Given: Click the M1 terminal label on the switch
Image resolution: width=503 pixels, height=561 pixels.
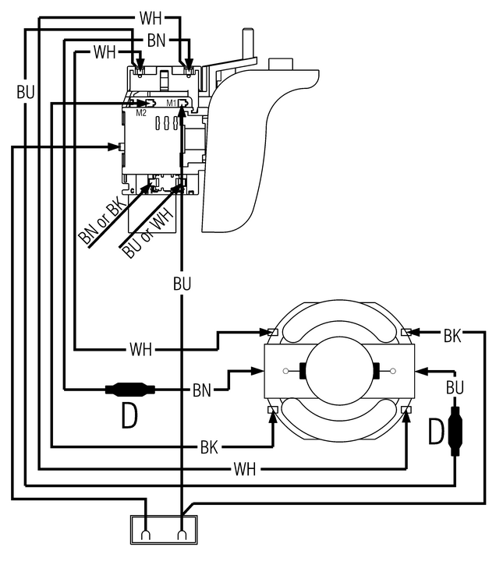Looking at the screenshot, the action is tap(172, 103).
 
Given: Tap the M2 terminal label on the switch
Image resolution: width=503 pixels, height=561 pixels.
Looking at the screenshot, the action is tap(141, 113).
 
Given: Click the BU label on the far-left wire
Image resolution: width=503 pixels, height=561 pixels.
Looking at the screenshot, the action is tap(26, 92).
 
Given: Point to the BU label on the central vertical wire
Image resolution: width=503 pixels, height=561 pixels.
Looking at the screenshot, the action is tap(182, 284).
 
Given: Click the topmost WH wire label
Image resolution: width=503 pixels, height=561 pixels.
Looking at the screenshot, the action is tap(151, 18).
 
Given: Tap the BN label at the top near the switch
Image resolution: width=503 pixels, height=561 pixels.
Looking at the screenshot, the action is tap(156, 41).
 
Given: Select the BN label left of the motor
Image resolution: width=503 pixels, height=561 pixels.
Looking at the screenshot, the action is tap(201, 390).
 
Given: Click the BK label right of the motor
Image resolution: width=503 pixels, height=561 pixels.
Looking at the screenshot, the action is tap(452, 336).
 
